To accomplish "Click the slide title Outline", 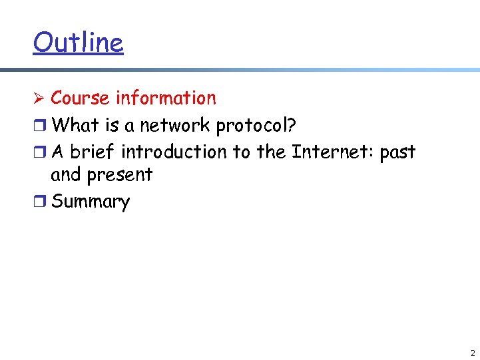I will tap(78, 43).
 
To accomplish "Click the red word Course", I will tap(80, 98).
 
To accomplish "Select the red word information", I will tap(166, 98).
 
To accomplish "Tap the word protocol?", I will tap(256, 126).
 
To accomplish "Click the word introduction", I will tap(174, 152).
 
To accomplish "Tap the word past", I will tap(397, 153).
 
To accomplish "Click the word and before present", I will tap(65, 175).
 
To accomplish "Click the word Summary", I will tap(91, 202).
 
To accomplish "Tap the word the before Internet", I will tap(271, 152).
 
